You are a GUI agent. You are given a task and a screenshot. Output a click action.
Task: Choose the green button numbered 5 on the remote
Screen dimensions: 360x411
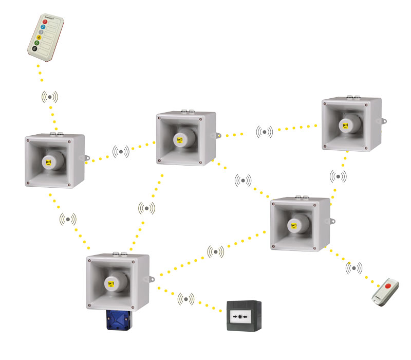pos(38,43)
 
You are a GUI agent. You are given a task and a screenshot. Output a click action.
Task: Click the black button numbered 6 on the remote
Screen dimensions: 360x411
pos(34,49)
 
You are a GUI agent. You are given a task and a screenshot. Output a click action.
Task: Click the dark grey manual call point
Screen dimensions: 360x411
pos(244,316)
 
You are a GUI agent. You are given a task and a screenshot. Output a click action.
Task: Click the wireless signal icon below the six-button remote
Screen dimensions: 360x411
pos(50,96)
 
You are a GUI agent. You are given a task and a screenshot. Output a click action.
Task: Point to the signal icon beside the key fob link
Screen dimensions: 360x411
pos(354,267)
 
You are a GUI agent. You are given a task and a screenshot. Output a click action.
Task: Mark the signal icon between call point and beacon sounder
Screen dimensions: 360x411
pos(186,298)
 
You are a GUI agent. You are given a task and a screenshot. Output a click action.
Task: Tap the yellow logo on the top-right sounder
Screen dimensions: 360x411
pos(343,125)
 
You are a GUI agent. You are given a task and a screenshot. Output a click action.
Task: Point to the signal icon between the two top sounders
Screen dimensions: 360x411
pos(265,132)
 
